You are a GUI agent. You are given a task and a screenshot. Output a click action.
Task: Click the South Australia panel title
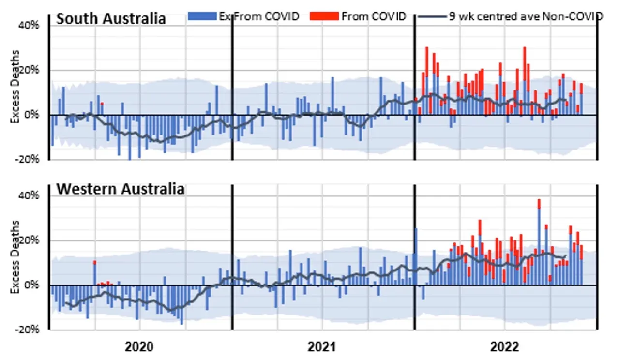(x=111, y=18)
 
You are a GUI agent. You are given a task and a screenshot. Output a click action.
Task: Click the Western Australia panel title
(x=120, y=188)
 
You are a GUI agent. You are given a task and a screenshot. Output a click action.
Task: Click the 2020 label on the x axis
(x=139, y=347)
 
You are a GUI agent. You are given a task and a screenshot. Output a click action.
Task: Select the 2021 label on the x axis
(x=322, y=347)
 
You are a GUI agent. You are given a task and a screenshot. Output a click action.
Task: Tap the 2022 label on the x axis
(x=505, y=347)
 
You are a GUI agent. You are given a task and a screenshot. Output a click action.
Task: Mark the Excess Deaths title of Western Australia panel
(x=16, y=257)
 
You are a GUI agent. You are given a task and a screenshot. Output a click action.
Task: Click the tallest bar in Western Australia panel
(x=539, y=242)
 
